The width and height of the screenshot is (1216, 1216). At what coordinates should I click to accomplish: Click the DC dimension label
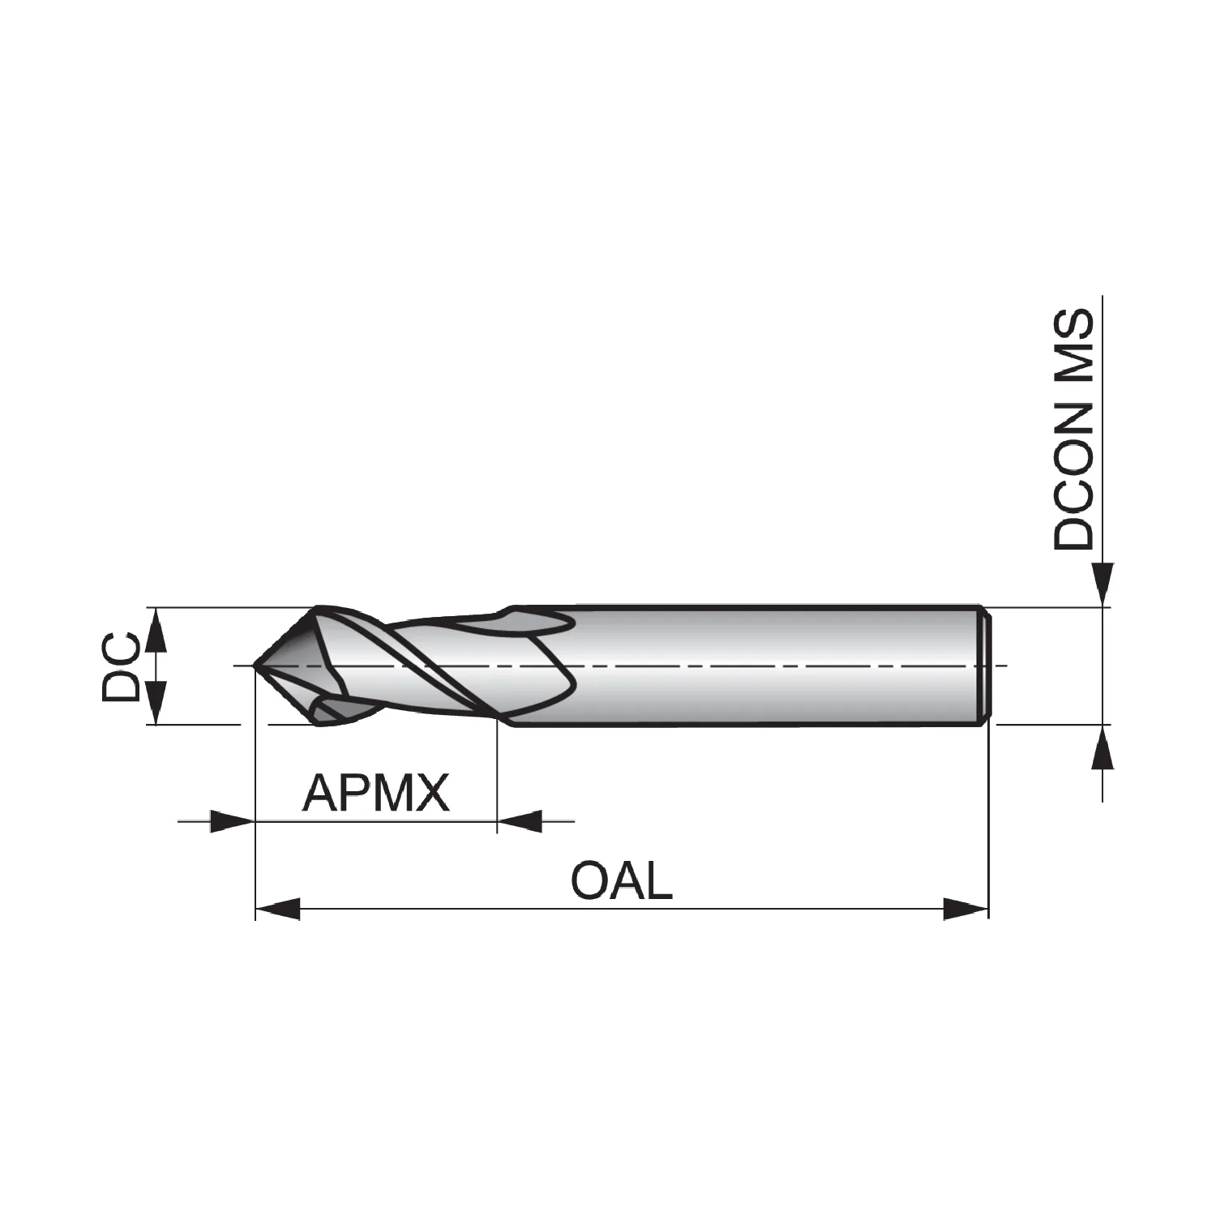point(120,666)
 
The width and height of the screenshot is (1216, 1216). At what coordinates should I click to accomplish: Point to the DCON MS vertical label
point(1073,429)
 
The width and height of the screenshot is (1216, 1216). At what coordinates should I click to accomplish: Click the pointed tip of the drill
point(255,666)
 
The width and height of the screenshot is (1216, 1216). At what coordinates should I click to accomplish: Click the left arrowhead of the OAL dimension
point(278,909)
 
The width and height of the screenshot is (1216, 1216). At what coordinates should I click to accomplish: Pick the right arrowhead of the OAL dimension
point(966,909)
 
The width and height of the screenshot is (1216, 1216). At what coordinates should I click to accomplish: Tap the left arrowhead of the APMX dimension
point(233,821)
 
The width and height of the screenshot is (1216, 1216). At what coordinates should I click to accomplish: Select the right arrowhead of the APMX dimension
point(519,821)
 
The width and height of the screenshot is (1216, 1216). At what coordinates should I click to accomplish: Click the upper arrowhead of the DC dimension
point(156,629)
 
